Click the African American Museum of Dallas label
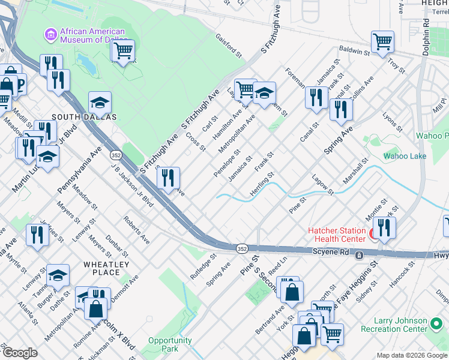pos(92,35)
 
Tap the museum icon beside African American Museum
pos(50,35)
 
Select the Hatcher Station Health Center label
pos(337,235)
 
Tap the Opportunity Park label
pos(170,344)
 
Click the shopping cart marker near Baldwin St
pos(382,42)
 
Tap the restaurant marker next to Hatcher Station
pos(384,227)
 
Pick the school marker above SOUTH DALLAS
pos(100,103)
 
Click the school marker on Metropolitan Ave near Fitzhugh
pos(264,93)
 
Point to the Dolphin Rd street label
pos(426,37)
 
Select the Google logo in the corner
pos(20,353)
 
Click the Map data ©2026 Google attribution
pos(412,355)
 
